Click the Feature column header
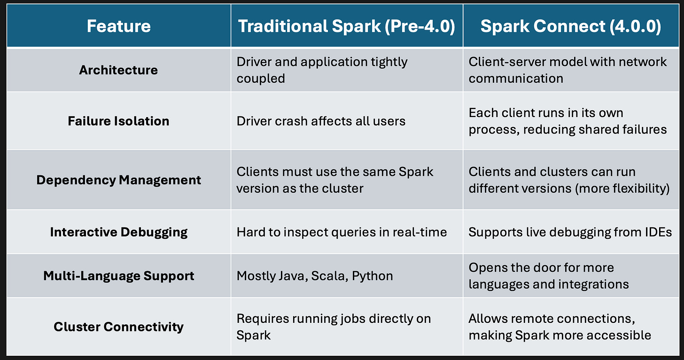pos(118,26)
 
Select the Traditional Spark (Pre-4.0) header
pos(346,26)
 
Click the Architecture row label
pos(118,70)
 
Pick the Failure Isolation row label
pos(118,121)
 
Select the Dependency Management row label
pos(118,180)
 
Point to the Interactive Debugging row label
pos(118,232)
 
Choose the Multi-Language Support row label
pos(118,275)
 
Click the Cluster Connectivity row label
pos(118,327)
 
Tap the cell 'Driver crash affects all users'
pos(321,121)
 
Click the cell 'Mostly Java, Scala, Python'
pos(315,275)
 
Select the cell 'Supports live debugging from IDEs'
pos(570,232)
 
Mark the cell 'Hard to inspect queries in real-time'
pos(342,232)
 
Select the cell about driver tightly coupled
pos(322,70)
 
